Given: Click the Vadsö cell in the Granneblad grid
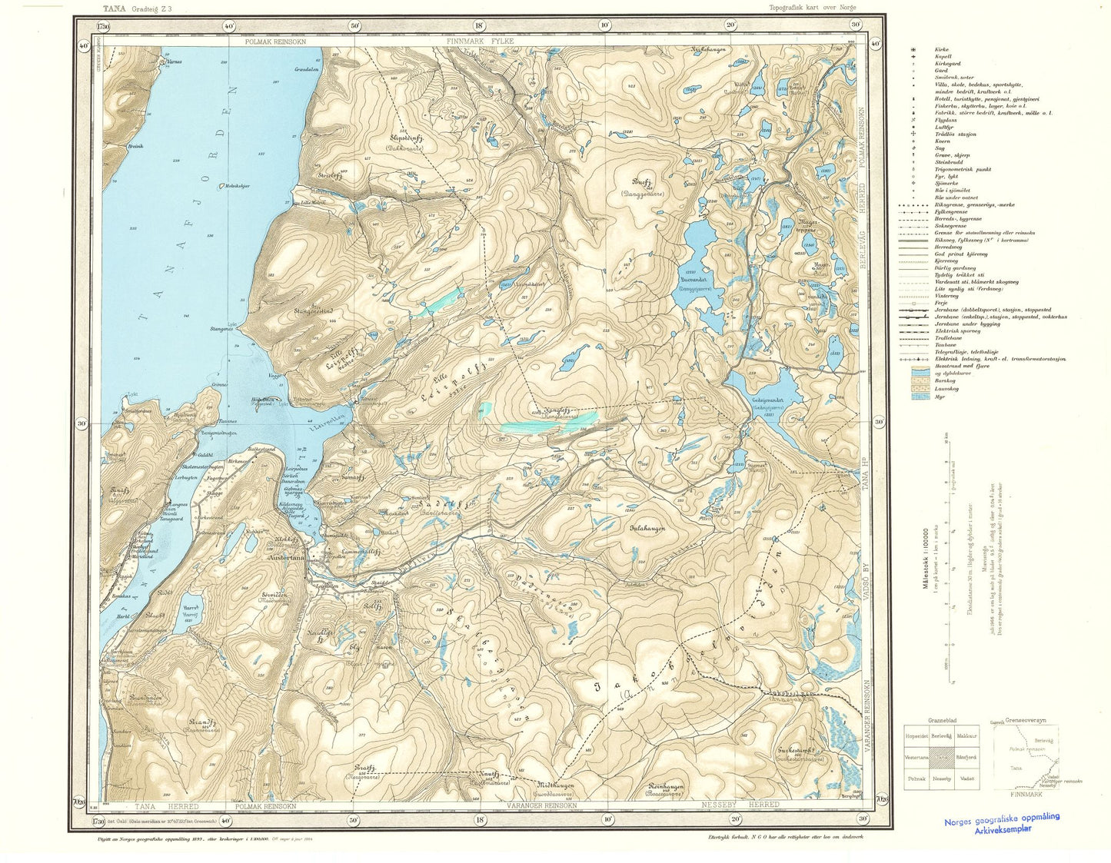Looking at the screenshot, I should (x=966, y=778).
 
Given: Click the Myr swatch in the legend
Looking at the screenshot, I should (x=917, y=396).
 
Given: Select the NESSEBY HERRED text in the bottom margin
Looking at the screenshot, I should (x=740, y=805).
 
